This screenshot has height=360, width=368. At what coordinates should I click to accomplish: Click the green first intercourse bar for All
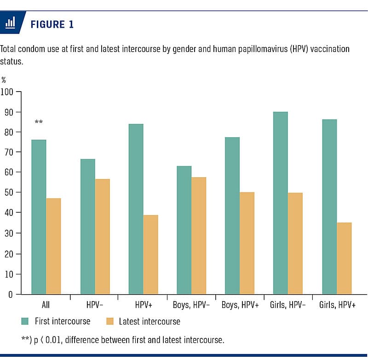(39, 216)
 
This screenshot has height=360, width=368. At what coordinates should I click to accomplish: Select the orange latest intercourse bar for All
(53, 246)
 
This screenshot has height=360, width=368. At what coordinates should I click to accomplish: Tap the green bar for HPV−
(87, 226)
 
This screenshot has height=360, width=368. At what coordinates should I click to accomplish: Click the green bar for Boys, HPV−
(184, 230)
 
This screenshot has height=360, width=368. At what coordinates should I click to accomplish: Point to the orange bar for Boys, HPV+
(247, 243)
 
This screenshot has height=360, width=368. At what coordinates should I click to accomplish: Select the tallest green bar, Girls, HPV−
(280, 203)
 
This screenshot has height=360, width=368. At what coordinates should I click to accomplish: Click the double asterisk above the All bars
(39, 122)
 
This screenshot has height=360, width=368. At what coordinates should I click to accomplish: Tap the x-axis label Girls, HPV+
(337, 305)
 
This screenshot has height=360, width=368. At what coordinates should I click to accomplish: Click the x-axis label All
(46, 305)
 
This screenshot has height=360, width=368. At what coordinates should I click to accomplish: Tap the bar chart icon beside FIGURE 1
(10, 23)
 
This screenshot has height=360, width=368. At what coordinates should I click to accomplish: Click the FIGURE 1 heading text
(52, 24)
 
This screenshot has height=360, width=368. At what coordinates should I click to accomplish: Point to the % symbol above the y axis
(4, 80)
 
